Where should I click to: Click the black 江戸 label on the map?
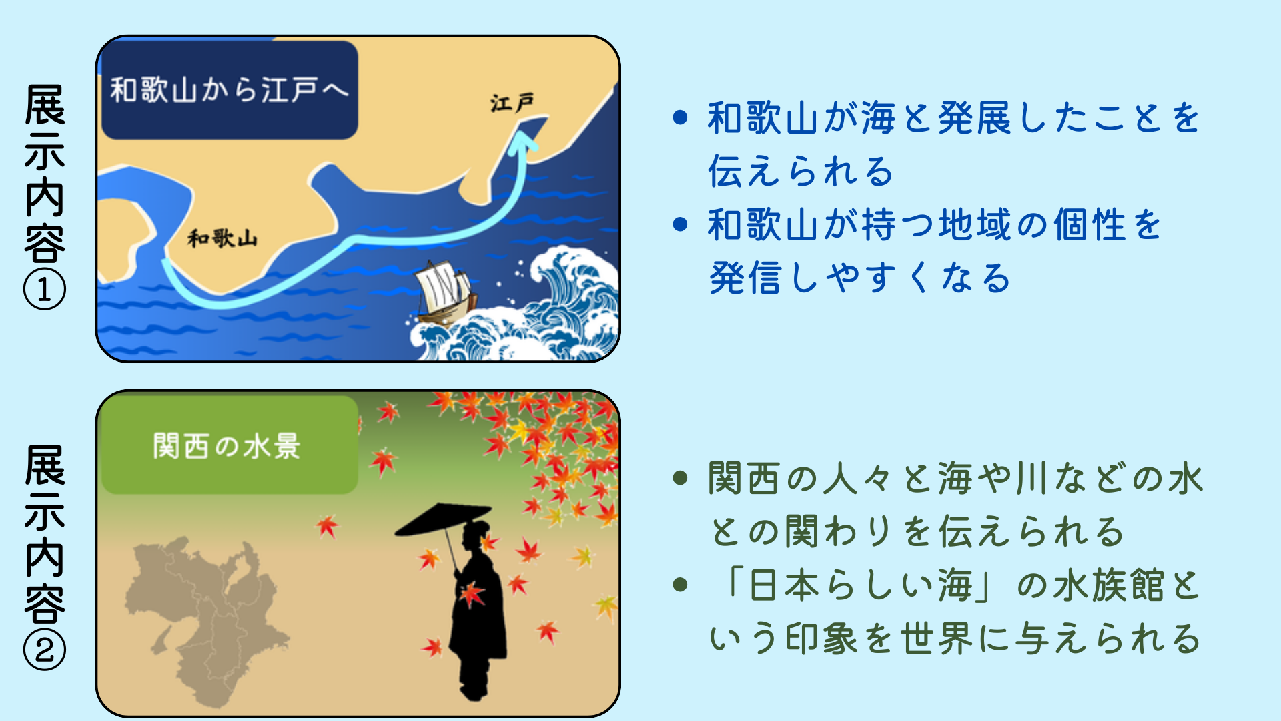(x=512, y=103)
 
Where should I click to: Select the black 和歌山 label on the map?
(x=222, y=238)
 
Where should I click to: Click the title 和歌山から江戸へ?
(x=230, y=90)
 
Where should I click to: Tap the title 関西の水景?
(x=227, y=445)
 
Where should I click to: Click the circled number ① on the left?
(x=45, y=290)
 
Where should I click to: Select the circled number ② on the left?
(x=45, y=650)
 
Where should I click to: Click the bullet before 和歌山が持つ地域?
(x=681, y=224)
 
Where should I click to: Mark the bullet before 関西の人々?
(x=681, y=478)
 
